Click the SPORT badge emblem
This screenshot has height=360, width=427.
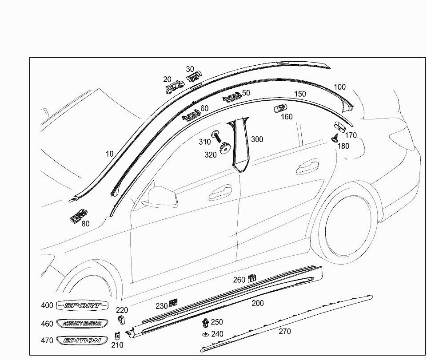pos(82,305)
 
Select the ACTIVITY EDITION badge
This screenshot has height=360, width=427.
pos(82,323)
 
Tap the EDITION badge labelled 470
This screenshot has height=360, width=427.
pos(82,340)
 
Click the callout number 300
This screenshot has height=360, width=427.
pos(257,139)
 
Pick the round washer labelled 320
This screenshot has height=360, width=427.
pos(225,147)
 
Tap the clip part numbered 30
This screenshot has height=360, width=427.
pos(194,78)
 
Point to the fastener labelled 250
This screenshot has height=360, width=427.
pos(205,322)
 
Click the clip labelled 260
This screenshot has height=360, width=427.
pos(251,278)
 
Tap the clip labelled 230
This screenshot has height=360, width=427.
pos(173,303)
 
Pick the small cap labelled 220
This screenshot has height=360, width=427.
pos(121,320)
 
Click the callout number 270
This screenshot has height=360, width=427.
pos(285,331)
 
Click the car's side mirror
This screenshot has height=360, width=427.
pos(160,197)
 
